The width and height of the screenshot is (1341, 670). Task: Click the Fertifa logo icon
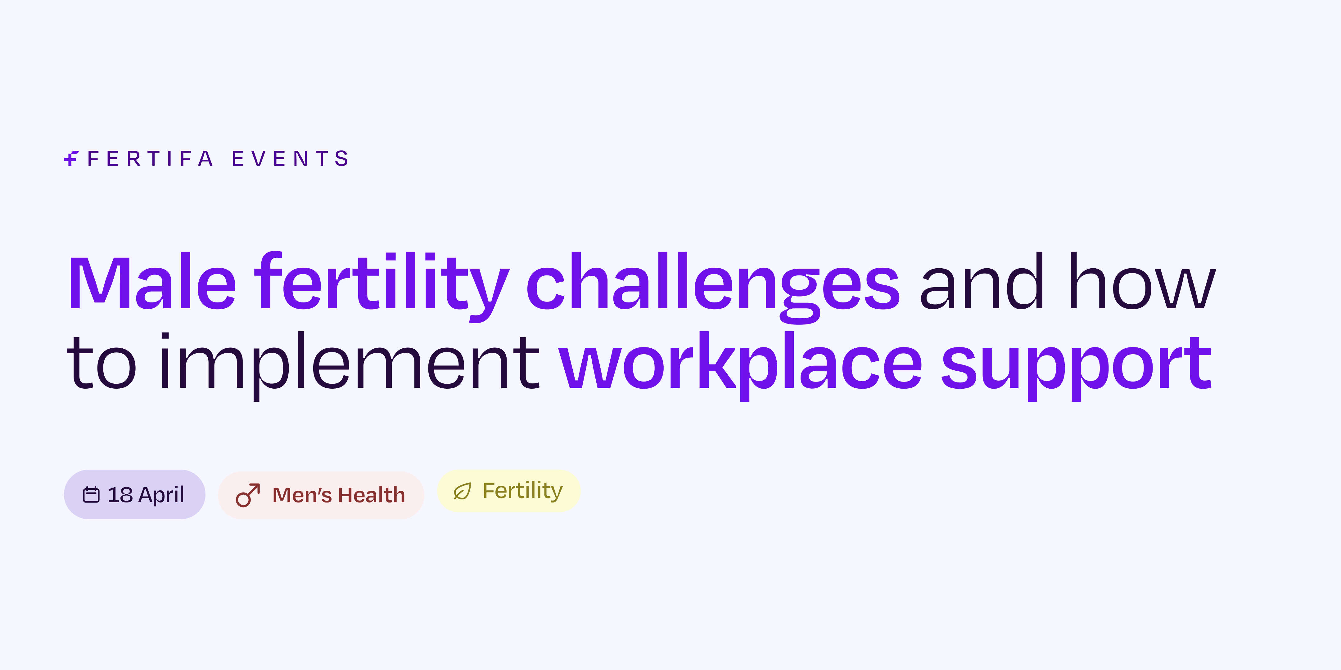[71, 158]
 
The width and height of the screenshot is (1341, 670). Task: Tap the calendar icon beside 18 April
[91, 494]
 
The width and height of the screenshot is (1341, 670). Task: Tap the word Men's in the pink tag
[302, 495]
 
